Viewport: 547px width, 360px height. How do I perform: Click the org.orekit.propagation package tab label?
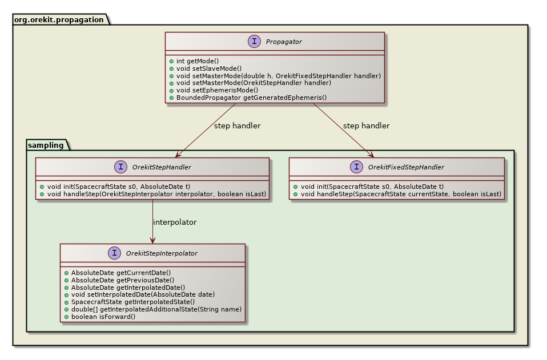[58, 19]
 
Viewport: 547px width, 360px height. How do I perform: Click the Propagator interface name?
[284, 42]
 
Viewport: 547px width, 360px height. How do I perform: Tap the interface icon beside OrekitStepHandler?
[120, 167]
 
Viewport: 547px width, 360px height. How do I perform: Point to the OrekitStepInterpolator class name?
[162, 253]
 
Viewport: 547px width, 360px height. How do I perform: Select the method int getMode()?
[197, 60]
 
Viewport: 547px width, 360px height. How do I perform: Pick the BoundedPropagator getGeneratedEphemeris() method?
[251, 98]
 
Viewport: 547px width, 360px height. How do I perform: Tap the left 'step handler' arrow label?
[237, 126]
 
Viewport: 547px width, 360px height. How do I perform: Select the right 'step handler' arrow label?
[366, 126]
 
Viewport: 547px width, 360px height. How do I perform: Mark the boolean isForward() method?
[103, 316]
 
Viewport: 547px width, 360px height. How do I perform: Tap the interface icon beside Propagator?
[255, 42]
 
